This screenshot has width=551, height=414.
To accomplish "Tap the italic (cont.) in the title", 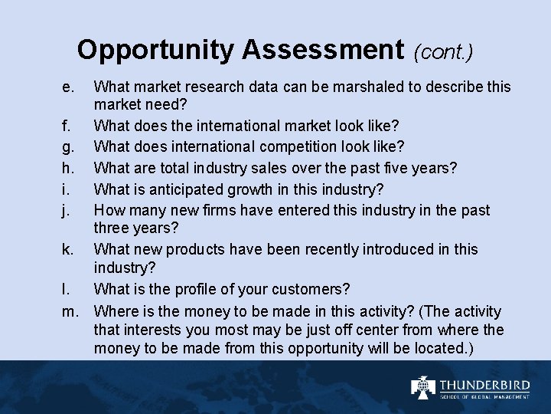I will [443, 52].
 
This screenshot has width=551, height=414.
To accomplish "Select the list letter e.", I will [68, 87].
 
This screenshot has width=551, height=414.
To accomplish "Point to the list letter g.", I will [68, 146].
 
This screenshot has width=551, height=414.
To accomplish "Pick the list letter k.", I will [68, 249].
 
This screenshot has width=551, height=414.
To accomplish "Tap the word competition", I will [286, 146].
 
